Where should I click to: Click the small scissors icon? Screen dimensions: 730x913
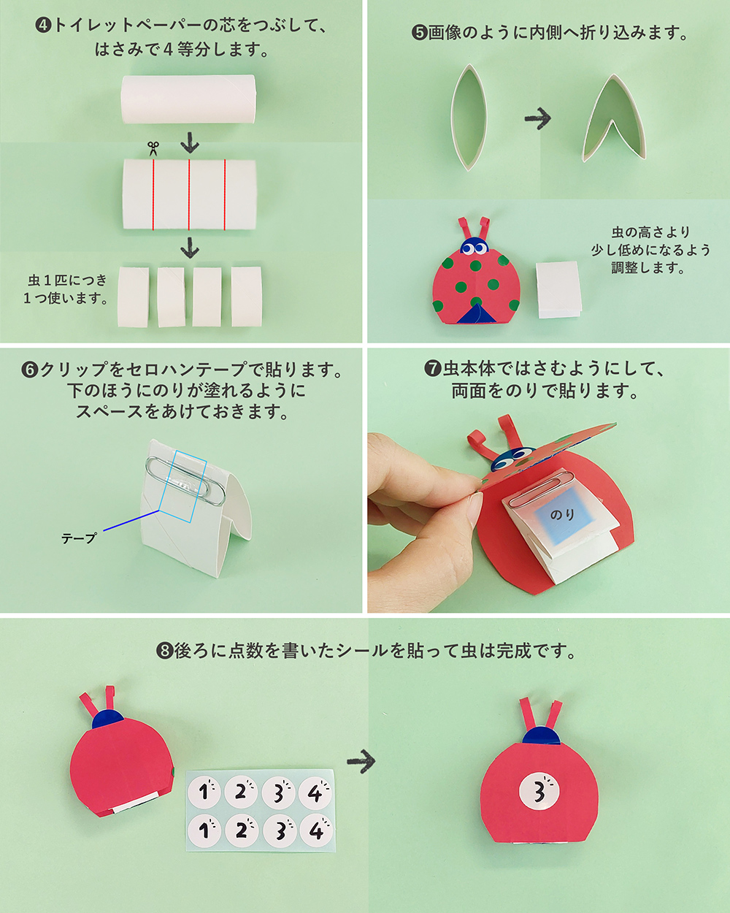[x=153, y=148]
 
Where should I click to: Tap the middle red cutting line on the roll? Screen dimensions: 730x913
[x=189, y=195]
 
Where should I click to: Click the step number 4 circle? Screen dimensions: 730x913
[x=43, y=26]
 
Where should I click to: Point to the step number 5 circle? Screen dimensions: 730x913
[x=419, y=33]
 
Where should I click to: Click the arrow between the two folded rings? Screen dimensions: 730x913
[x=537, y=118]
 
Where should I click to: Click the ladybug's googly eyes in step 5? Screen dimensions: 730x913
[x=474, y=248]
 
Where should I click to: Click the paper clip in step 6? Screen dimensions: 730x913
[x=185, y=481]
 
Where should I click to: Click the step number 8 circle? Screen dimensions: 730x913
[x=164, y=650]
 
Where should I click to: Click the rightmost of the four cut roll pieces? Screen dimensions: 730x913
[x=247, y=297]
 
